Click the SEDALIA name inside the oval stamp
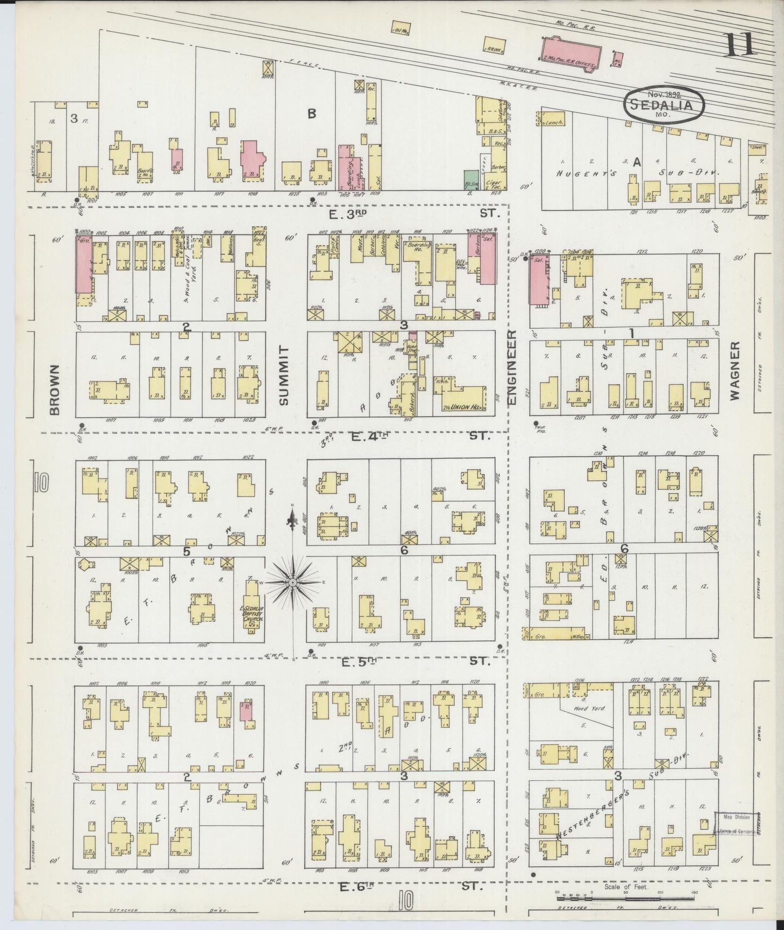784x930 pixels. pyautogui.click(x=665, y=104)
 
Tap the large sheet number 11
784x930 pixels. pyautogui.click(x=739, y=44)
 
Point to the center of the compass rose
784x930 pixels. pyautogui.click(x=292, y=582)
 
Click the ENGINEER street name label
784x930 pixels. pyautogui.click(x=513, y=374)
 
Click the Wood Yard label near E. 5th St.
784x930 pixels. pyautogui.click(x=579, y=709)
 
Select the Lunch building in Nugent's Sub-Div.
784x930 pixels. pyautogui.click(x=553, y=123)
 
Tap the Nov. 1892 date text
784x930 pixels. pyautogui.click(x=663, y=94)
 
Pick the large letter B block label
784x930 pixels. pyautogui.click(x=311, y=114)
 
